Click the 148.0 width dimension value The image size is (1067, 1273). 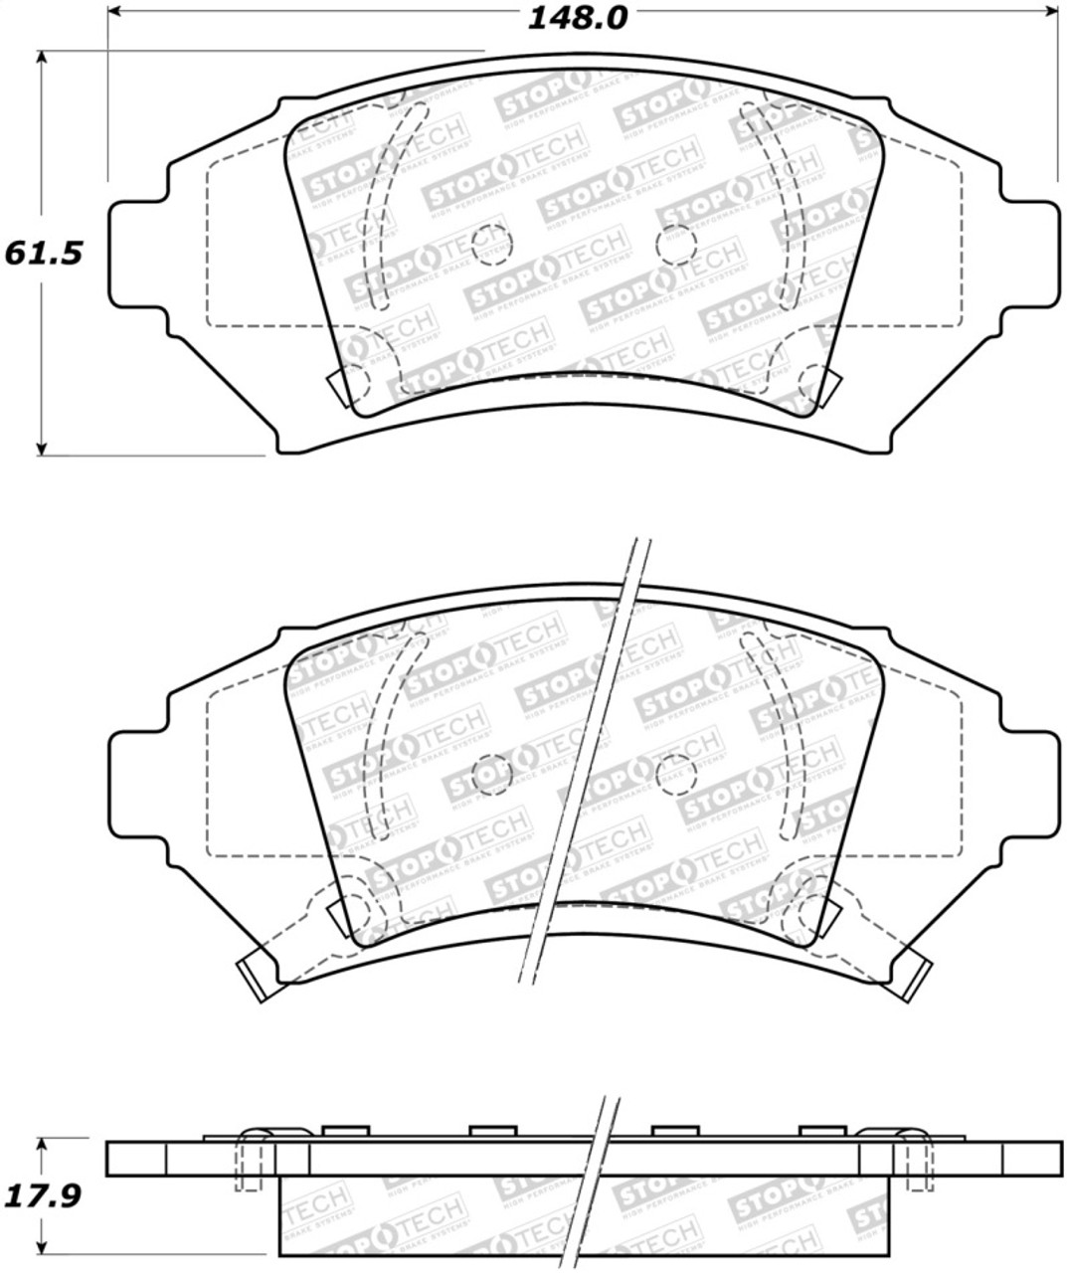pos(577,18)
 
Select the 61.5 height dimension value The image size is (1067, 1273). pos(42,254)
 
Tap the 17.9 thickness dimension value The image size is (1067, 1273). pos(44,1194)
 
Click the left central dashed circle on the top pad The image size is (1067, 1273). pos(491,246)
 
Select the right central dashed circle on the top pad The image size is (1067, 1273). pos(675,245)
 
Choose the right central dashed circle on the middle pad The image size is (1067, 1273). pos(675,773)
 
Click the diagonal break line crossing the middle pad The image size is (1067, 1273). pos(587,756)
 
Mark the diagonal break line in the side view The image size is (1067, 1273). pos(600,1144)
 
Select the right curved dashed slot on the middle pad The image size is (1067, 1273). pos(781,736)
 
